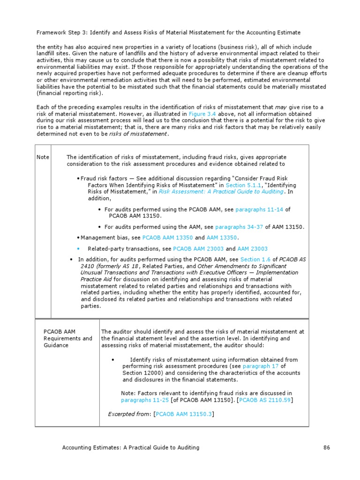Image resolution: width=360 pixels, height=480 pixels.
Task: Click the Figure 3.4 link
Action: coord(201,114)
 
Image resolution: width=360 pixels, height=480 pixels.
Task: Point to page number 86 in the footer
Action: coord(327,448)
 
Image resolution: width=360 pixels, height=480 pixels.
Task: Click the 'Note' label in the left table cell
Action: coord(43,157)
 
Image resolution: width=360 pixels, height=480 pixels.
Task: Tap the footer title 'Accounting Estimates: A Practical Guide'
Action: coord(131,448)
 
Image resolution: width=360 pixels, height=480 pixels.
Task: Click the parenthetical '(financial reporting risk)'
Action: coord(67,93)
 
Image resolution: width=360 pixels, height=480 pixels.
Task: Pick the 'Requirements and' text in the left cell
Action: coord(68,338)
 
